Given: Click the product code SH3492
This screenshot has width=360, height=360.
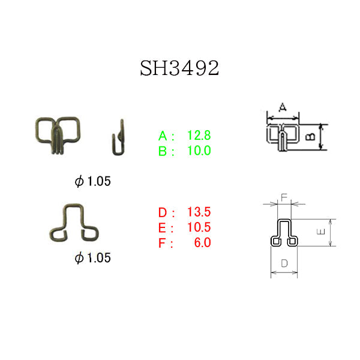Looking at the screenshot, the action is [x=179, y=68].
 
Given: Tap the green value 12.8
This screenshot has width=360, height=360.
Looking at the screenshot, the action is [x=199, y=135].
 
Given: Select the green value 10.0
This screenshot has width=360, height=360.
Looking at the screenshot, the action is [x=199, y=151].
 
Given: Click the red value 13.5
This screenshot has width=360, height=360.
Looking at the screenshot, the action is [x=199, y=212].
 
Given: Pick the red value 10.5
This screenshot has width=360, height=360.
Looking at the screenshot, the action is [x=199, y=227].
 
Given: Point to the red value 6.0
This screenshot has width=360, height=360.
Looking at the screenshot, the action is [x=203, y=242].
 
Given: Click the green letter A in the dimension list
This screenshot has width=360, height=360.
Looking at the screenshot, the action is [x=163, y=136].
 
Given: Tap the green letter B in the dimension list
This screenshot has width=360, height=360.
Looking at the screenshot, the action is [x=163, y=151].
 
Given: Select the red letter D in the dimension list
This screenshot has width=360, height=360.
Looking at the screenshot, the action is [x=163, y=212].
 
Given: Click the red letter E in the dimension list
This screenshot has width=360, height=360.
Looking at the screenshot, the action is [x=162, y=228].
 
